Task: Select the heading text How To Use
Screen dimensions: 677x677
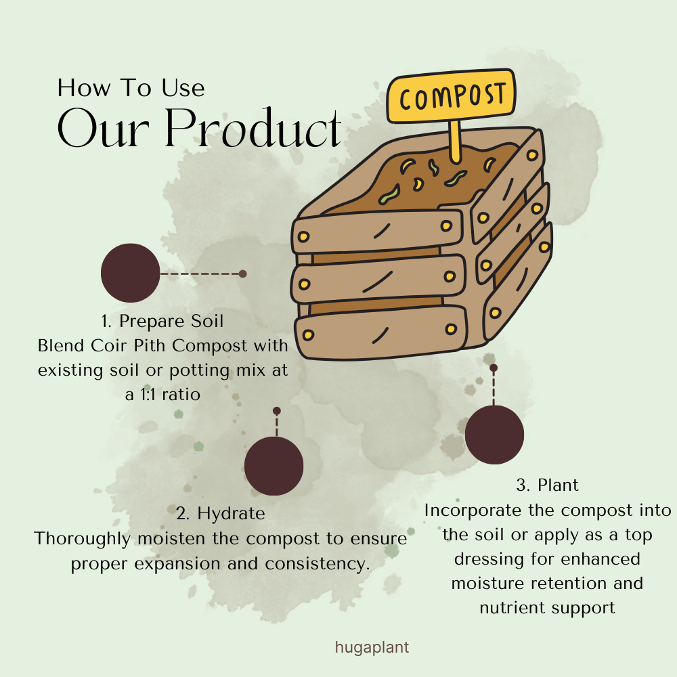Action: (131, 88)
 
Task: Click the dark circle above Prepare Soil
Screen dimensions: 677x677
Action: (130, 273)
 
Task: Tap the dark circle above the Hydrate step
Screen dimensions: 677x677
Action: (274, 466)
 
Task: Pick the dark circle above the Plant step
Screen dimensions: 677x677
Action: (494, 435)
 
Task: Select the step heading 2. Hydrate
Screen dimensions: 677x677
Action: (220, 513)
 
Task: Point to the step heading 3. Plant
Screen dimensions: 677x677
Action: (547, 485)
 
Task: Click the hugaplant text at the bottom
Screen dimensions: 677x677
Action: (372, 647)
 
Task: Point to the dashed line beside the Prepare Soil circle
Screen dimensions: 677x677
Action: (201, 274)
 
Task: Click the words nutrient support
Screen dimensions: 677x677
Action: (547, 607)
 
